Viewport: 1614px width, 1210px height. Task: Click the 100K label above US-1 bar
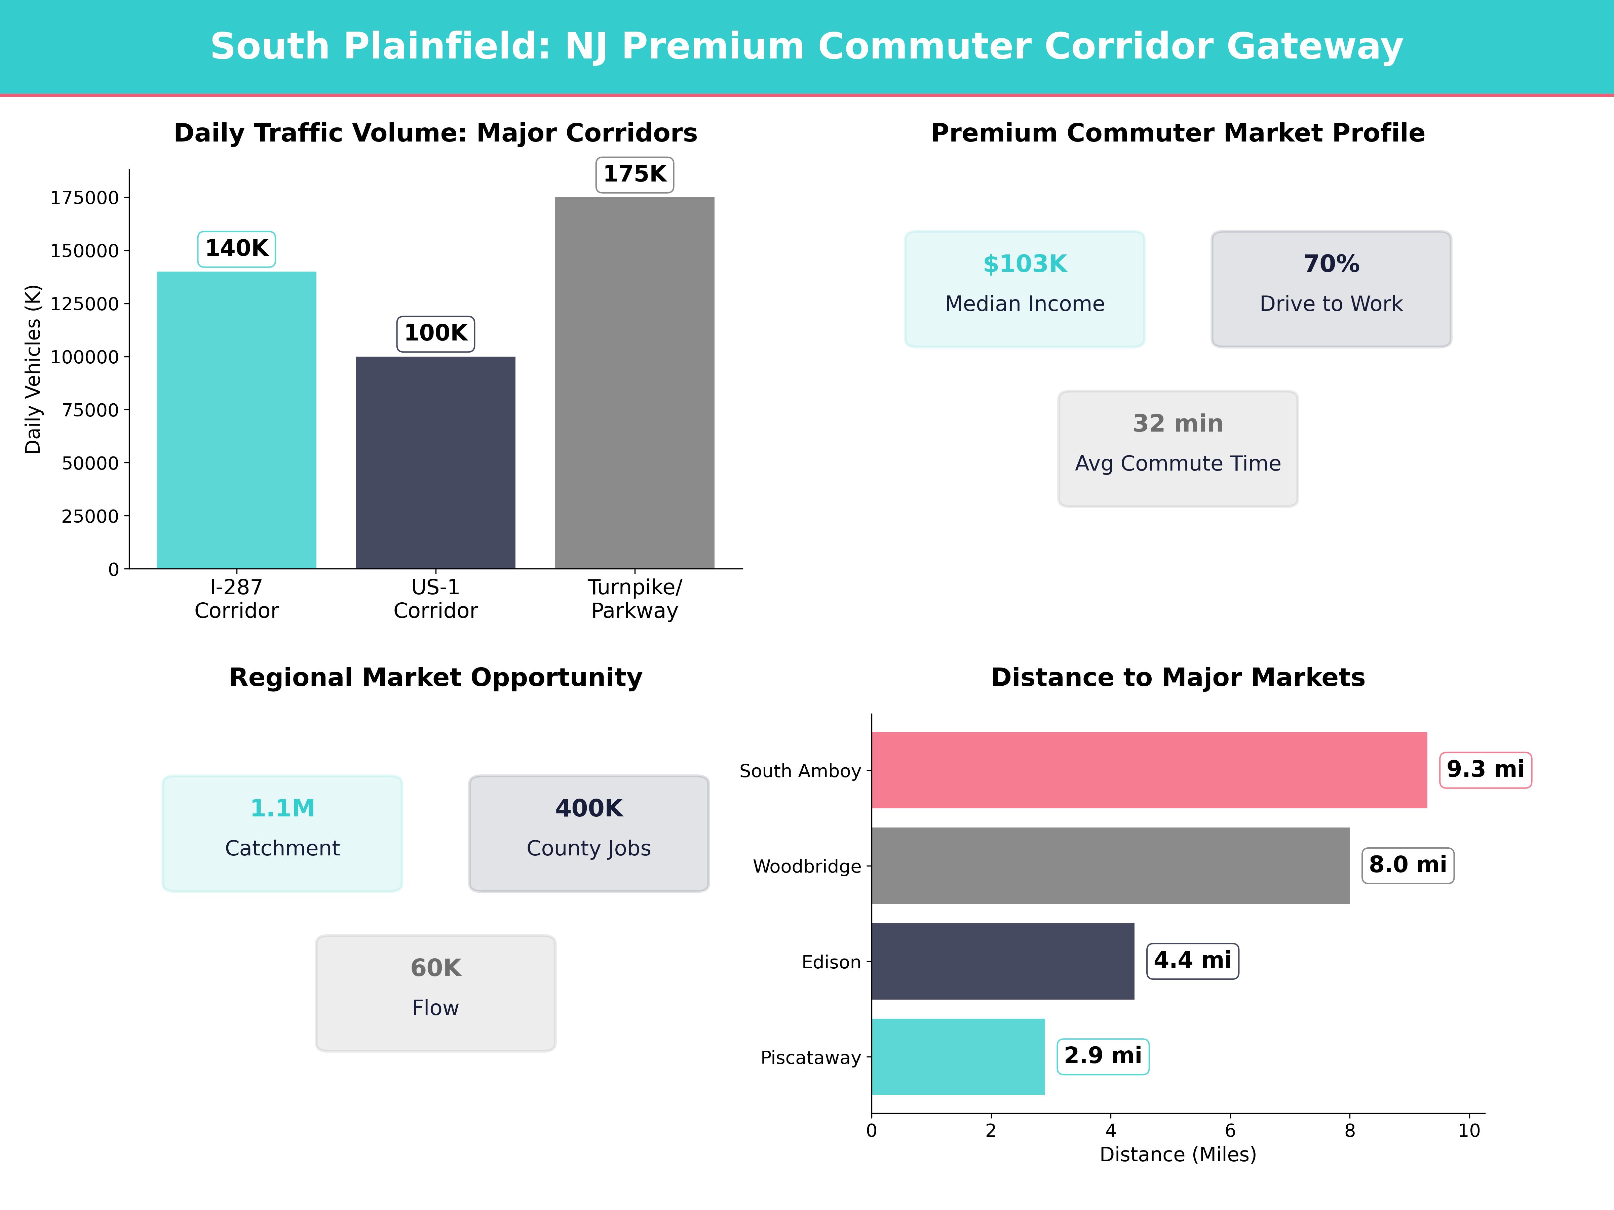click(435, 333)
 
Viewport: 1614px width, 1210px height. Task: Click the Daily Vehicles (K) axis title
click(33, 369)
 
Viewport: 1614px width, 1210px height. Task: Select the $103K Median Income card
click(1025, 289)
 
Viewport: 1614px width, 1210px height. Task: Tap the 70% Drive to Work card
click(1331, 289)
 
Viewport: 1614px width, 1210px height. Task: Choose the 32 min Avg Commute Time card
click(1178, 449)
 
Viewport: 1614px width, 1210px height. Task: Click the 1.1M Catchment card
click(282, 833)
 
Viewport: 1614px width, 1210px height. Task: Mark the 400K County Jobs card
click(589, 833)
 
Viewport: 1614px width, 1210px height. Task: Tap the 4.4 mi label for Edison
click(1192, 961)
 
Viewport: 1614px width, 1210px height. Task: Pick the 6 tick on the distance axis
click(1230, 1130)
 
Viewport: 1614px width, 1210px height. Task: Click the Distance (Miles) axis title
click(1178, 1155)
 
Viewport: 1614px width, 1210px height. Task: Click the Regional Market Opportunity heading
click(435, 678)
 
